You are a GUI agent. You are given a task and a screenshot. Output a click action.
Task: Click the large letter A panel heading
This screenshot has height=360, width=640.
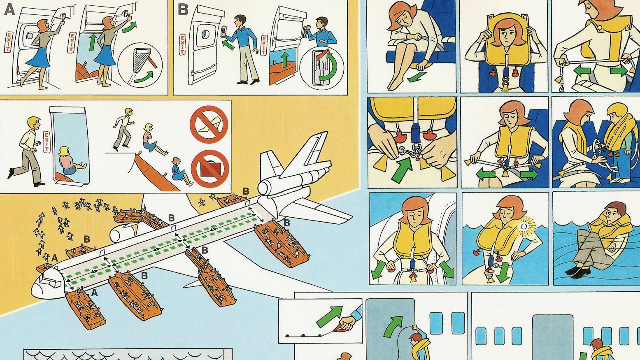pyautogui.click(x=9, y=9)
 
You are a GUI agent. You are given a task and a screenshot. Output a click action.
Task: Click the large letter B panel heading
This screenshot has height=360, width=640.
pyautogui.click(x=183, y=9)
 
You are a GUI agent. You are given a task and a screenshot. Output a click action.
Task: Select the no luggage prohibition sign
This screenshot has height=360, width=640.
pyautogui.click(x=209, y=168)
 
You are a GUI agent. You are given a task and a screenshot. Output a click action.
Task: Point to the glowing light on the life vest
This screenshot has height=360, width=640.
pyautogui.click(x=524, y=226)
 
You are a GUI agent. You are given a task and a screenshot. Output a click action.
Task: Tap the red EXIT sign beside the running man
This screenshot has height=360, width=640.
pyautogui.click(x=47, y=142)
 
